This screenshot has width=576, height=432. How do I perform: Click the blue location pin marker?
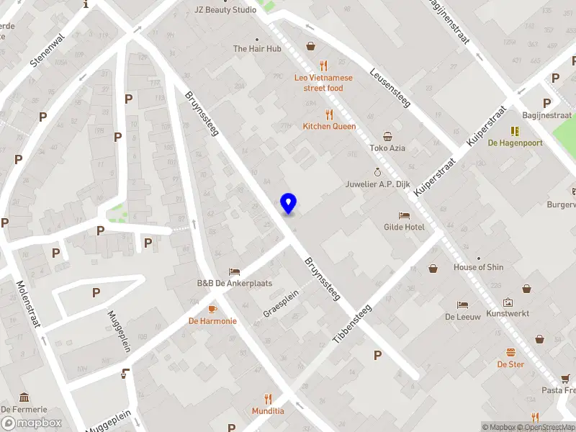[288, 204]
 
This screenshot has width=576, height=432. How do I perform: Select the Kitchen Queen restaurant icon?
[329, 114]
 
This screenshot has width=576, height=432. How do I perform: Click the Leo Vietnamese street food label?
[323, 83]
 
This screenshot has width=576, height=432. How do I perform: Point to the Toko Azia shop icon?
[387, 136]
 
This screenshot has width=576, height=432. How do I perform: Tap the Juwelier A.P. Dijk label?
[377, 184]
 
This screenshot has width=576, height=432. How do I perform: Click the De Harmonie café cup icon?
[212, 308]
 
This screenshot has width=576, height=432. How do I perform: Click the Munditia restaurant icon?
[268, 398]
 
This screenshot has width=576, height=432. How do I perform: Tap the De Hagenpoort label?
[515, 143]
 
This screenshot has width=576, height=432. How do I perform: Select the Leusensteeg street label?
[390, 88]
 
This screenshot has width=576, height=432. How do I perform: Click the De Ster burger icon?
[510, 351]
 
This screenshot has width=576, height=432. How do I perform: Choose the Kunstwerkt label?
[508, 314]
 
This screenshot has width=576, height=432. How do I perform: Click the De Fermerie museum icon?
[24, 397]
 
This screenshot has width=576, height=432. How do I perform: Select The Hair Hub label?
[257, 49]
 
